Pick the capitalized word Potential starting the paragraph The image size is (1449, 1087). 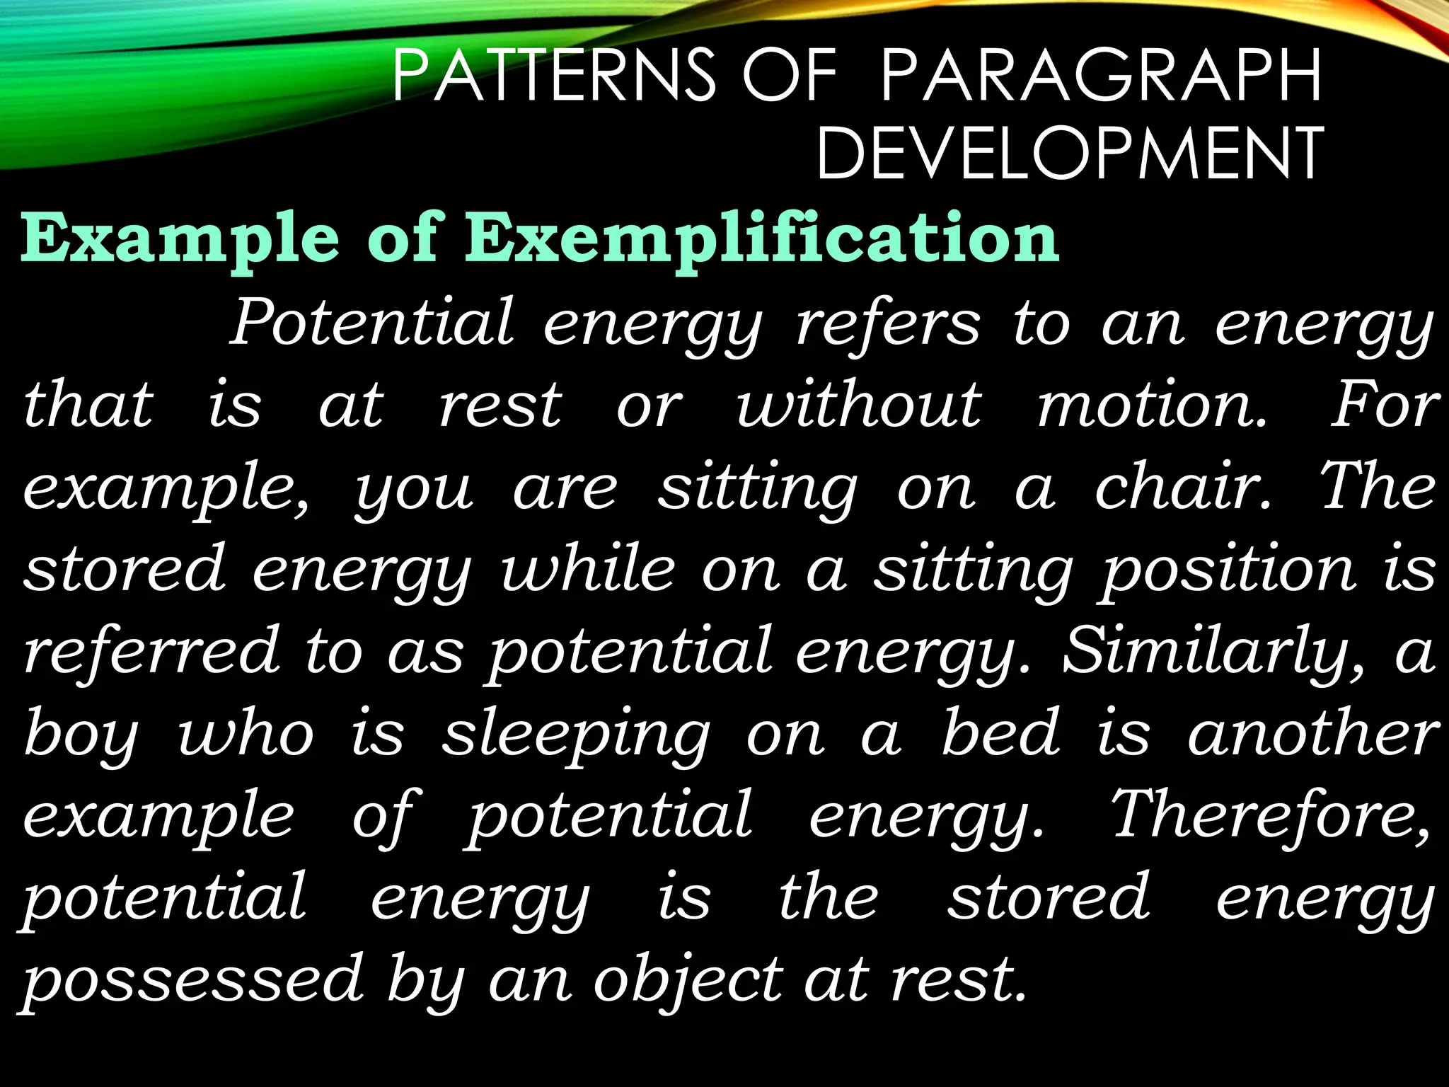click(x=372, y=323)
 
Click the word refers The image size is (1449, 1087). click(x=889, y=323)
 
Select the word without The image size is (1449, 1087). click(x=859, y=405)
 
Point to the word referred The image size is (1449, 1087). click(x=151, y=651)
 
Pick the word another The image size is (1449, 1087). click(x=1313, y=733)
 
